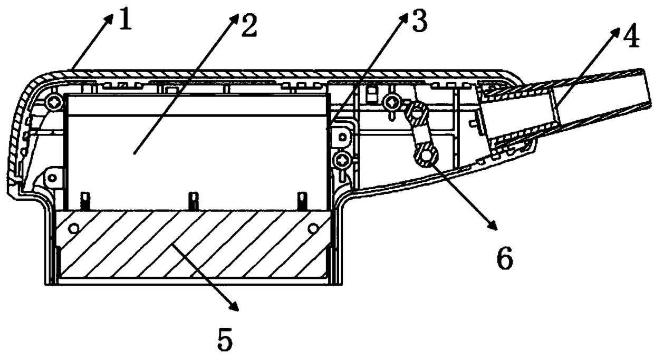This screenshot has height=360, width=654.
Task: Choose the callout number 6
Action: click(505, 258)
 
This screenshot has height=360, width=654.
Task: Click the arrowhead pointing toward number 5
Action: click(235, 306)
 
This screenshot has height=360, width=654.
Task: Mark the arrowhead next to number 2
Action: click(235, 20)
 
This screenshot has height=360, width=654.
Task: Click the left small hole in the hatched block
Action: click(73, 228)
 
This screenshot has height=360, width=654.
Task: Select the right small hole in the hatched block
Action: click(313, 228)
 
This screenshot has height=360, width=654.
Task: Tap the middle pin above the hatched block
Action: click(193, 200)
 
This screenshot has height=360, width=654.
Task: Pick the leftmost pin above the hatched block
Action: click(85, 201)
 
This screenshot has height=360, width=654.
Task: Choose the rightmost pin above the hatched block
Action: click(302, 200)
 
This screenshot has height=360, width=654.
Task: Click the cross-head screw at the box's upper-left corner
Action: click(55, 103)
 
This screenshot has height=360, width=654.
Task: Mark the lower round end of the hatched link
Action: click(426, 154)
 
